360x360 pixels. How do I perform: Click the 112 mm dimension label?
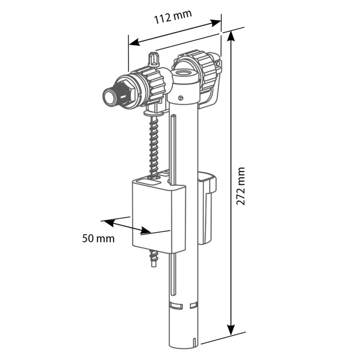[173, 17]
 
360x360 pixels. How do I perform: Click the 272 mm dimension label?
[240, 186]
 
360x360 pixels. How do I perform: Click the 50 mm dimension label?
[98, 238]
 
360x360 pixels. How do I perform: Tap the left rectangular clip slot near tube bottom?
[176, 306]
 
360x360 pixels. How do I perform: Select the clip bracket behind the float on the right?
[206, 209]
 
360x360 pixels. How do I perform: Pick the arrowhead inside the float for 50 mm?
[146, 230]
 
